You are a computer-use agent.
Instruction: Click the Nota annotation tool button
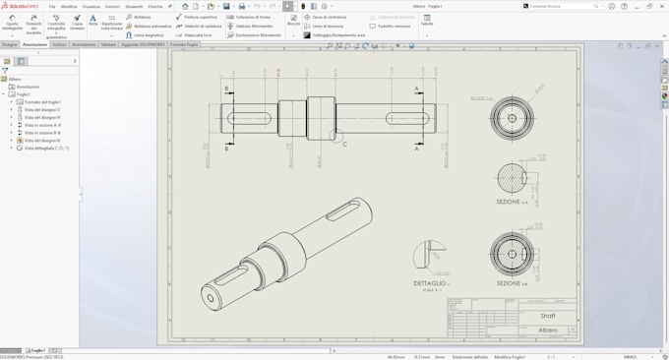click(92, 21)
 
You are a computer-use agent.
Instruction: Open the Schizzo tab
click(59, 44)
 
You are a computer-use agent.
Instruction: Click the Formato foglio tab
click(184, 44)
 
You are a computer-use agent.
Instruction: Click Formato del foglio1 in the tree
click(42, 102)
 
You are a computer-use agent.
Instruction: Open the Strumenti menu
click(133, 6)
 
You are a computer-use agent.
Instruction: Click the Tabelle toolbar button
click(426, 20)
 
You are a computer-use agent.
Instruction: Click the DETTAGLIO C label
click(431, 283)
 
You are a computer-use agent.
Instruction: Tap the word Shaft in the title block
click(548, 316)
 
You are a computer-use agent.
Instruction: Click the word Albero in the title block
click(548, 330)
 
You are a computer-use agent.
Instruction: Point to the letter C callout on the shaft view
click(344, 144)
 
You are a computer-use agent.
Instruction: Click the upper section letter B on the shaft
click(226, 89)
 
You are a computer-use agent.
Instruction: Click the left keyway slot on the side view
click(252, 118)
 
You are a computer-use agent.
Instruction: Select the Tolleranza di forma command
click(252, 17)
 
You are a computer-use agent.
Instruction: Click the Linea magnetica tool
click(148, 34)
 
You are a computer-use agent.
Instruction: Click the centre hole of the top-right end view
click(512, 118)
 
